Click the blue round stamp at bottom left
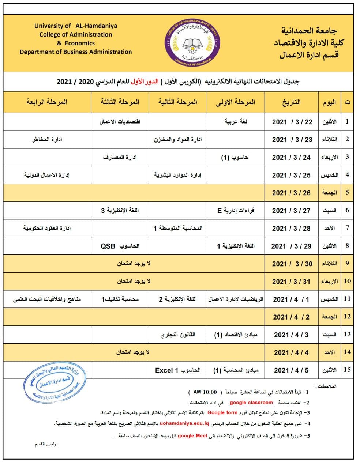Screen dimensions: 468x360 coord(55,382)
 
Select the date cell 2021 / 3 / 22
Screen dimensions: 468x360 coord(292,122)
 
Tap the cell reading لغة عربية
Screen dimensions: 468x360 coord(236,122)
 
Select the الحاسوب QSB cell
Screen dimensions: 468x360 coord(120,246)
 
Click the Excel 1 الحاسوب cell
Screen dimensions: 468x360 coord(178,370)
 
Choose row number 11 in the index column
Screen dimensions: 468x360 coord(347,299)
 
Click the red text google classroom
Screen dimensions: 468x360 coord(251,403)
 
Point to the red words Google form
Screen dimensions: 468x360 coord(222,412)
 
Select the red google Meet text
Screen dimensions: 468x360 coord(192,435)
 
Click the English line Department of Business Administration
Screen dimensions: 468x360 coord(76,52)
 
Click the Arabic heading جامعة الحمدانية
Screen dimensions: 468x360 coord(309,31)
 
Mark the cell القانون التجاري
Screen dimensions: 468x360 coord(178,335)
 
